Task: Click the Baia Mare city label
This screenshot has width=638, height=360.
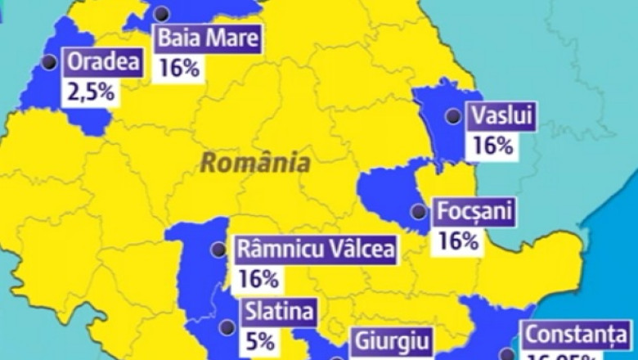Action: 208,38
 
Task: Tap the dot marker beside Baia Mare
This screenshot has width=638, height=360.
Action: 162,13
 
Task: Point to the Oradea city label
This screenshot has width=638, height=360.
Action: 105,62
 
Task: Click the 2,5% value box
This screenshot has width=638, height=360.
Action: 91,91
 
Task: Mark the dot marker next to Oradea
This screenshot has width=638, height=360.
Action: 50,61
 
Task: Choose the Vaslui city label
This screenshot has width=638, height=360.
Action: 501,117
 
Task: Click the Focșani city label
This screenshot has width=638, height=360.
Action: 474,212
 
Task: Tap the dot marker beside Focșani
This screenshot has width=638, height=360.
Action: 419,211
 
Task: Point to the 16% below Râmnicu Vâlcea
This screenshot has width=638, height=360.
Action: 258,279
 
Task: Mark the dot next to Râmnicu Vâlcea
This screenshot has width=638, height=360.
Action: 218,250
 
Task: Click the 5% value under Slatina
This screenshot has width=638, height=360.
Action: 258,341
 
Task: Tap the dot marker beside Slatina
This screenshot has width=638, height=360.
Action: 227,327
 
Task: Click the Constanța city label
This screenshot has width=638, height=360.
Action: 576,335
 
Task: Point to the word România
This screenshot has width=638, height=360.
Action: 256,162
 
